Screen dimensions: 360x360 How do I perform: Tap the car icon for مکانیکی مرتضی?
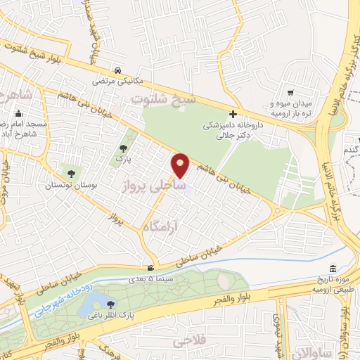pyautogui.click(x=120, y=70)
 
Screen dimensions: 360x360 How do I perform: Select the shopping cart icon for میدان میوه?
pyautogui.click(x=289, y=93)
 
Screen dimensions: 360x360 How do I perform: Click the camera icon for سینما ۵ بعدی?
pyautogui.click(x=150, y=268)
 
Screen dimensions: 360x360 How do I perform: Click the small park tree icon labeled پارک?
pyautogui.click(x=124, y=148)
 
